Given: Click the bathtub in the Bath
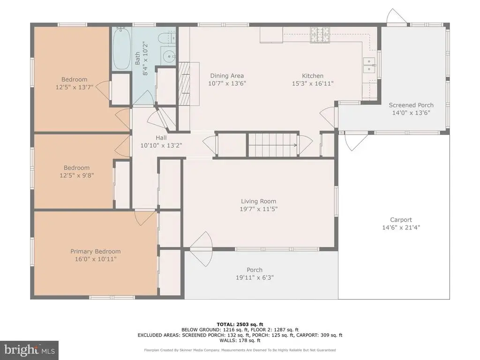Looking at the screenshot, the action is point(122,48).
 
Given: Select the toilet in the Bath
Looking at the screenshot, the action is point(167,37).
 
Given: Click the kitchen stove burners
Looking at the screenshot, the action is point(320,34).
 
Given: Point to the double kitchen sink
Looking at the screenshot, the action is point(369,65).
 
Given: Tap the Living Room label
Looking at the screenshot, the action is point(258,201).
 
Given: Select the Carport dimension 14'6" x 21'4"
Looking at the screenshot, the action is point(401,227).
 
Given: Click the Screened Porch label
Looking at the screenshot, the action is point(411,105).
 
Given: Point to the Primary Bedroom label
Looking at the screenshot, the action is point(96,251).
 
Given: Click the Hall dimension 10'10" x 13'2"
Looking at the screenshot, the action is point(161,145).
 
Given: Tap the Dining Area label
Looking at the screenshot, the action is point(227,75).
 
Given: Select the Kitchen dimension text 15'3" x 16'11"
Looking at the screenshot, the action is point(313,83).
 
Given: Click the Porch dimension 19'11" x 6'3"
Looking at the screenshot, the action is point(255,277).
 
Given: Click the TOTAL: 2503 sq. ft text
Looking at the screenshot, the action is point(240,324).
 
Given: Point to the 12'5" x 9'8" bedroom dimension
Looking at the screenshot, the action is point(76,175).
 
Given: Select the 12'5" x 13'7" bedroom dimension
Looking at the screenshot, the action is point(75,87).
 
